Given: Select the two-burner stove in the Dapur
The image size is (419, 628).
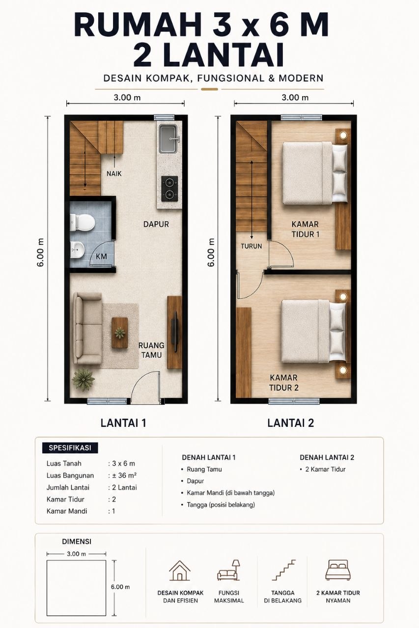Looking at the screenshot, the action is coord(169,188).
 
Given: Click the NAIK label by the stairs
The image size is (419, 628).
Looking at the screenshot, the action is coord(114,174).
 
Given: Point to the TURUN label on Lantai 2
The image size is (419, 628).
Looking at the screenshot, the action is coord(251,246).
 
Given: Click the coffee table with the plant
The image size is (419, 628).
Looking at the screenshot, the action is coord(120,333).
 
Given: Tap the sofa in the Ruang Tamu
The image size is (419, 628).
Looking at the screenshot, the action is coord(87,328).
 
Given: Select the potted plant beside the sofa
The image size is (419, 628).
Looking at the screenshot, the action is coord(83,378).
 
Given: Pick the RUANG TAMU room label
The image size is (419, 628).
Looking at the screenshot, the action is coord(151,350).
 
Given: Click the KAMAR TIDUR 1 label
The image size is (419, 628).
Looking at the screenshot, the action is coord(305,229).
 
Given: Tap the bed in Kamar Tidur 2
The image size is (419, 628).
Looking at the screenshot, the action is coord(314,331).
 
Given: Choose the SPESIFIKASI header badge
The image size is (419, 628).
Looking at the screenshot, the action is coord(70,448).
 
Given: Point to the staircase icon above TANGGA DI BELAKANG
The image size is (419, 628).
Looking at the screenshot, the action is coord(284,570).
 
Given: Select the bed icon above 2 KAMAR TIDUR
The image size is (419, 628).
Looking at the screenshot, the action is coord(338,570).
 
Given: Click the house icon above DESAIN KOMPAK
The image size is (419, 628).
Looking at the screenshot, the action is coord(180,571).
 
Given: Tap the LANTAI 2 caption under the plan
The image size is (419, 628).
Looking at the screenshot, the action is coord(290,423).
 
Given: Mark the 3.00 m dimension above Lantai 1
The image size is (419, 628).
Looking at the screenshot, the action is coord(127,98).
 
